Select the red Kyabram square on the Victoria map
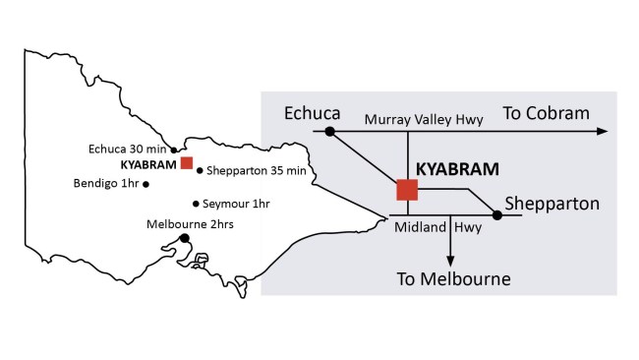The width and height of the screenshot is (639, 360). click(186, 163)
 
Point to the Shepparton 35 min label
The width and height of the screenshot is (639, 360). click(253, 170)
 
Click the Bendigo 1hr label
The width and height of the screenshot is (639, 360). click(105, 183)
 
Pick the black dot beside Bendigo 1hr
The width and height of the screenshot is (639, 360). click(146, 184)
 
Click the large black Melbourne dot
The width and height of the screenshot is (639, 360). click(184, 238)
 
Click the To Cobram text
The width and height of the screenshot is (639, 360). click(547, 113)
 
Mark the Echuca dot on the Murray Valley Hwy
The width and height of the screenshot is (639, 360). click(330, 131)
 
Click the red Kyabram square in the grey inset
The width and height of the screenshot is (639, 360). click(407, 190)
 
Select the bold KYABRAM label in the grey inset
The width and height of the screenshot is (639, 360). click(458, 168)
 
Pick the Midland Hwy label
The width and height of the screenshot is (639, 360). click(436, 227)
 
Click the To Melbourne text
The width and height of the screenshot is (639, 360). click(454, 279)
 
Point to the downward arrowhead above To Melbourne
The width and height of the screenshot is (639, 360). click(450, 258)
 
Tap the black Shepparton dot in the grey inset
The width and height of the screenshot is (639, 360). click(497, 214)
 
